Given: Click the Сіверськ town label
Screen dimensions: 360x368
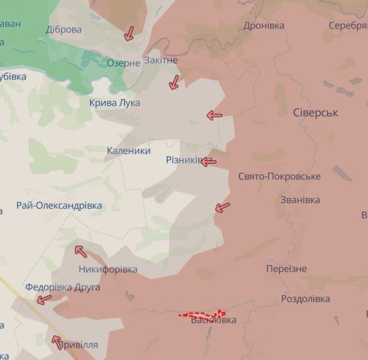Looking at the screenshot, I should click(315, 113).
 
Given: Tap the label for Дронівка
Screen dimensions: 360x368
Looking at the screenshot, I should click(264, 25).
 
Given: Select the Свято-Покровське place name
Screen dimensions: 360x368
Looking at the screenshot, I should click(279, 176).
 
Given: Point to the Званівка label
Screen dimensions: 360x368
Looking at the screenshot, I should click(300, 199).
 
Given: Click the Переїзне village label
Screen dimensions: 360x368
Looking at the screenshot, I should click(286, 269).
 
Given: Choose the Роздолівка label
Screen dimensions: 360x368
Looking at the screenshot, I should click(305, 299).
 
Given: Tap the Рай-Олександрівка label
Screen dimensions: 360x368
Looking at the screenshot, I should click(59, 206).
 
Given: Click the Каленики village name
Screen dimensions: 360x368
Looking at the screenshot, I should click(128, 150).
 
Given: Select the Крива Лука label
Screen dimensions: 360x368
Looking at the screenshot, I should click(114, 103).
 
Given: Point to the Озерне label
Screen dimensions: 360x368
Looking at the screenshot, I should click(123, 63).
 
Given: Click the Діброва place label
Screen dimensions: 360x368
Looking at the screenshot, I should click(64, 30).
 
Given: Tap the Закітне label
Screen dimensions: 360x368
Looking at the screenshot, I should click(160, 60).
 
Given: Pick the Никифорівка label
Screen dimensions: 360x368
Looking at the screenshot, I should click(108, 269).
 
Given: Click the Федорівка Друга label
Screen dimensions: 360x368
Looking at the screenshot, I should click(63, 287).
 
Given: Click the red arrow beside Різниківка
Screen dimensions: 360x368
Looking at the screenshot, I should click(209, 162).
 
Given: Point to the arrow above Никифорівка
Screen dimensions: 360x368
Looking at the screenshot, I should click(81, 251).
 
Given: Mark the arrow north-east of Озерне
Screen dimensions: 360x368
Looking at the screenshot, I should click(129, 34).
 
